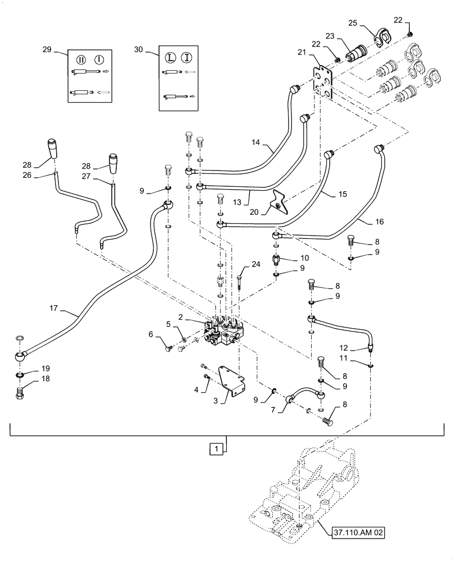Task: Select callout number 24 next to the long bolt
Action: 256,264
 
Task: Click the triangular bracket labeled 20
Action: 280,203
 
